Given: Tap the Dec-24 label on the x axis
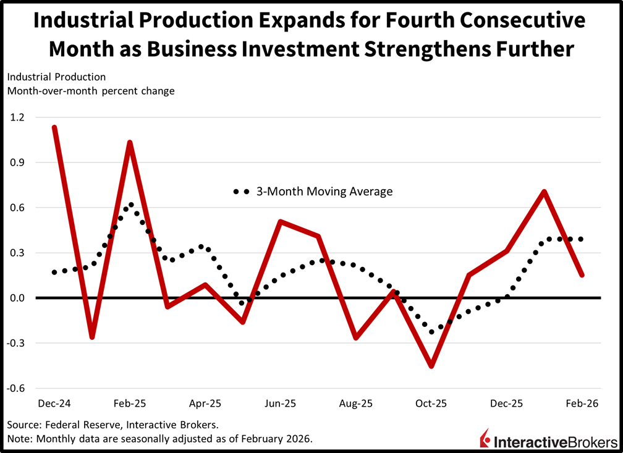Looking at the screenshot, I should click(x=54, y=404).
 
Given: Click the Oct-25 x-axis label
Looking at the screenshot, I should click(x=431, y=404).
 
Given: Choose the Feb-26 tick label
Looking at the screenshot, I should click(x=582, y=404).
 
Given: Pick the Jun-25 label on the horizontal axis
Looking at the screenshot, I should click(x=280, y=404).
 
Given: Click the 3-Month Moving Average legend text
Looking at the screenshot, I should click(x=324, y=192).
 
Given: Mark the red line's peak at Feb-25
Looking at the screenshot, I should click(x=130, y=143).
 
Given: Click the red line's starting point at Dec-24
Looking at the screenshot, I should click(x=55, y=128).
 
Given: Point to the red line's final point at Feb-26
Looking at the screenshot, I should click(x=582, y=275).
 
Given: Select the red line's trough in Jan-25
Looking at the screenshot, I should click(x=92, y=337).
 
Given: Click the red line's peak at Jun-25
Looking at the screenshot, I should click(x=281, y=221).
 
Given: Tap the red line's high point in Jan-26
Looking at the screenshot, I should click(x=544, y=192).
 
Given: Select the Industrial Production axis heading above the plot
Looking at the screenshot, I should click(x=56, y=77).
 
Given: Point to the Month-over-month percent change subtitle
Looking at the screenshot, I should click(x=91, y=91).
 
